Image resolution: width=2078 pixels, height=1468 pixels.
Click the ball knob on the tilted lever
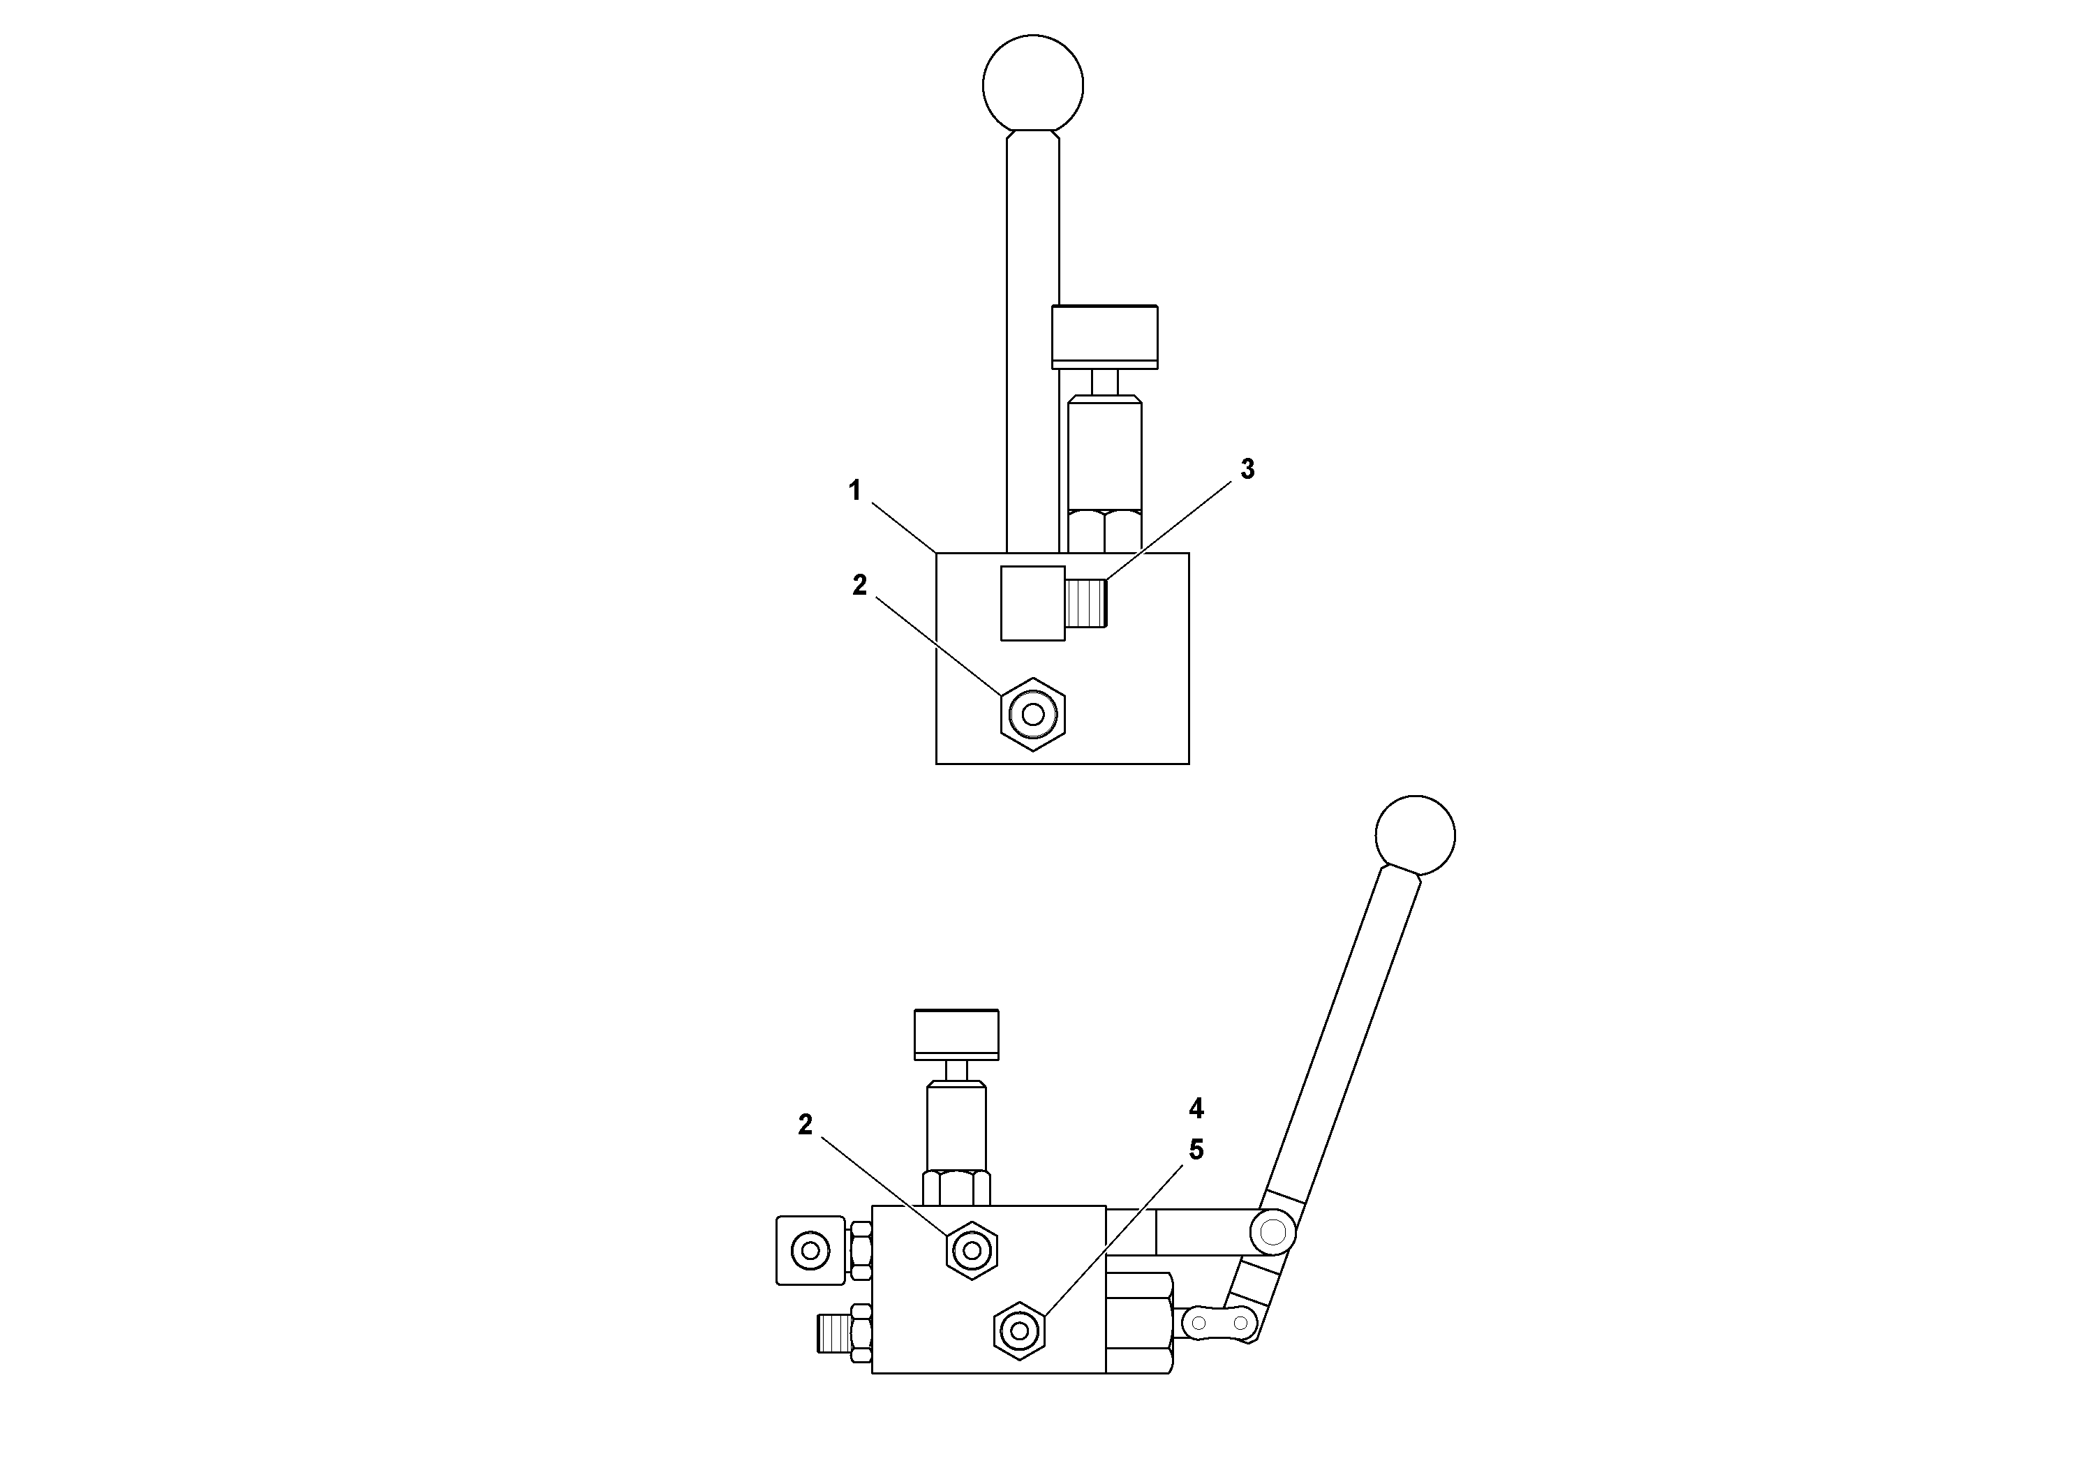point(1415,836)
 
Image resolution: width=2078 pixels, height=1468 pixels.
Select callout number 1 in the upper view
point(854,491)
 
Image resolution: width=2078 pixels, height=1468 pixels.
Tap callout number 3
point(1247,469)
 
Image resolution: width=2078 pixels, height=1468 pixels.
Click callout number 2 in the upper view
point(859,586)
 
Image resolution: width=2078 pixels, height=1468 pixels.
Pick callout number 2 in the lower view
point(805,1125)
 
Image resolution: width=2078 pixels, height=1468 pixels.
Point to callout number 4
point(1196,1108)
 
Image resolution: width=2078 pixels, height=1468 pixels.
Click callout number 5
point(1196,1150)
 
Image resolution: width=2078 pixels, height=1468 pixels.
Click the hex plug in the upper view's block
point(1032,714)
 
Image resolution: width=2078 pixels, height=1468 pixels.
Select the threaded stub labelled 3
point(1087,604)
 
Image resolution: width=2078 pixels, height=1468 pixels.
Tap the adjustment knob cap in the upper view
point(1104,336)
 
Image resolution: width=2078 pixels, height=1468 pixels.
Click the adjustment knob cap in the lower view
point(957,1034)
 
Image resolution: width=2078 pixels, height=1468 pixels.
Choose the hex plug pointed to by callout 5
point(1020,1330)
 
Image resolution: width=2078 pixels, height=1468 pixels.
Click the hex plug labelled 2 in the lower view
point(971,1251)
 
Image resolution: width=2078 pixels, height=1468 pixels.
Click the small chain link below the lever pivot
point(1220,1324)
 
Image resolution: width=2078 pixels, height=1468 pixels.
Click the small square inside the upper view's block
point(1032,604)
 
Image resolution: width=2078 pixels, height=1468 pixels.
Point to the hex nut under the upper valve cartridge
point(1104,531)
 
